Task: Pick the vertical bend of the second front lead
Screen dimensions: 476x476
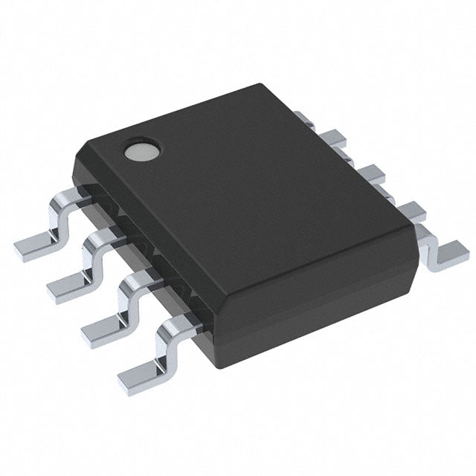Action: [95, 253]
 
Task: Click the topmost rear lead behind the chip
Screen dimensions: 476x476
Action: [305, 117]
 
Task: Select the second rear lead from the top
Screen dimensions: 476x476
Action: [334, 139]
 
